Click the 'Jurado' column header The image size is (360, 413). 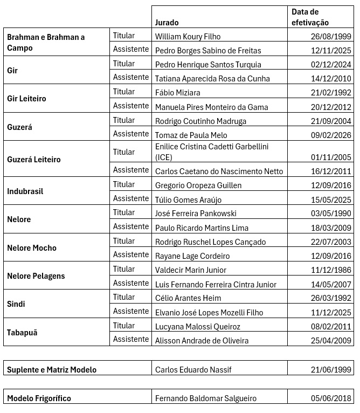pyautogui.click(x=167, y=23)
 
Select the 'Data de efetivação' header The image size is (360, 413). pyautogui.click(x=310, y=17)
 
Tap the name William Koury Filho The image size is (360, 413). pyautogui.click(x=188, y=37)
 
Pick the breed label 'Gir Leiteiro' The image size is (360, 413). pyautogui.click(x=26, y=99)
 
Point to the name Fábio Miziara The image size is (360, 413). pyautogui.click(x=177, y=93)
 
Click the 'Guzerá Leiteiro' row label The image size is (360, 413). pyautogui.click(x=33, y=160)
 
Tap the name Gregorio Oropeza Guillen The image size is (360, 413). pyautogui.click(x=198, y=185)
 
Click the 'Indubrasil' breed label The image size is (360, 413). pyautogui.click(x=25, y=191)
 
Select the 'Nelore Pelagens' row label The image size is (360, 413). pyautogui.click(x=36, y=276)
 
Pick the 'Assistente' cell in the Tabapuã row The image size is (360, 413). pyautogui.click(x=130, y=340)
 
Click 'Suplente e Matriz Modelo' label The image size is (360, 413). pyautogui.click(x=52, y=370)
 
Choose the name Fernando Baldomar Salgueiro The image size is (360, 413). pyautogui.click(x=205, y=399)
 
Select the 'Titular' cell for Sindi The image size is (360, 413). pyautogui.click(x=124, y=297)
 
